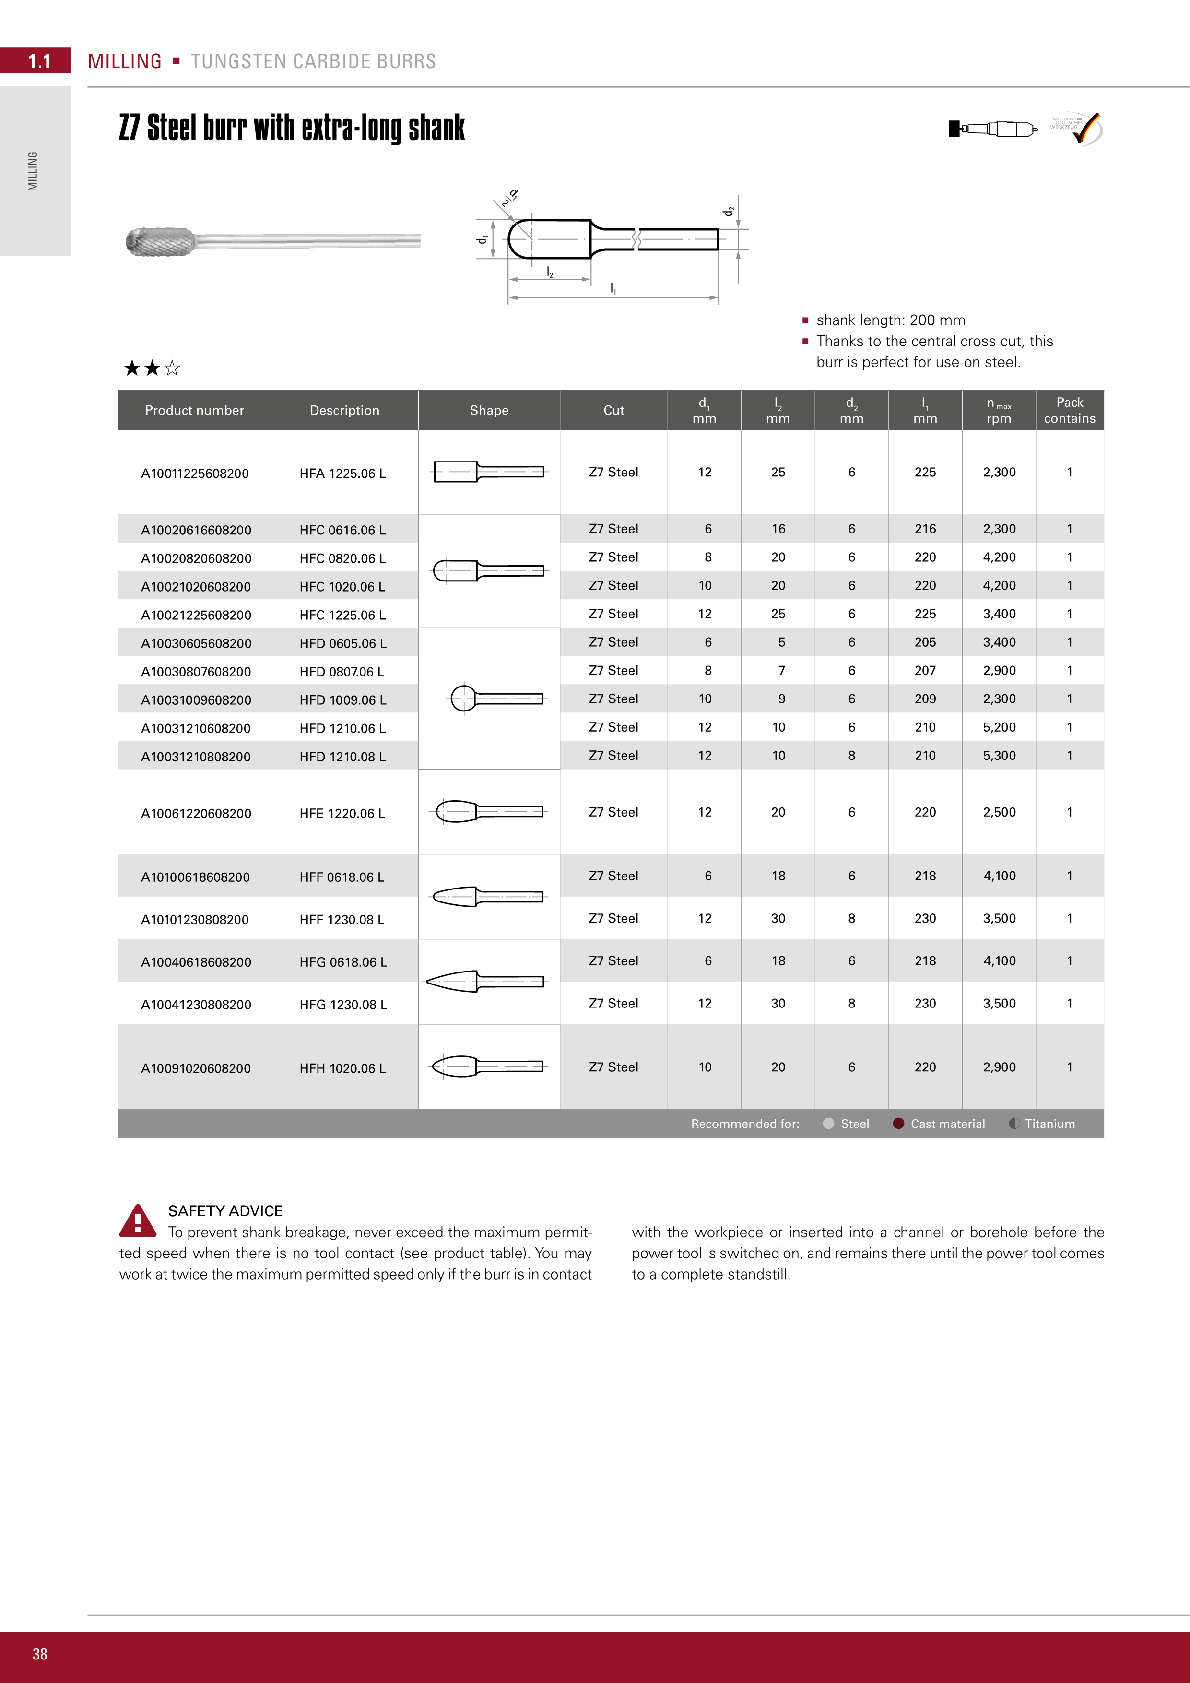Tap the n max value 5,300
point(999,756)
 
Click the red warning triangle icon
point(137,1221)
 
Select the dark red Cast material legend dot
point(898,1124)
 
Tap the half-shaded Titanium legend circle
point(1014,1124)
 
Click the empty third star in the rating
point(172,368)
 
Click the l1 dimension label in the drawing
point(613,290)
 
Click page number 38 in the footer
point(39,1654)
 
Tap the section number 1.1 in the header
point(39,61)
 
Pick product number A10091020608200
point(196,1068)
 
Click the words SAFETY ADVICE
point(225,1211)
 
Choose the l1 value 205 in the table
point(925,642)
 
